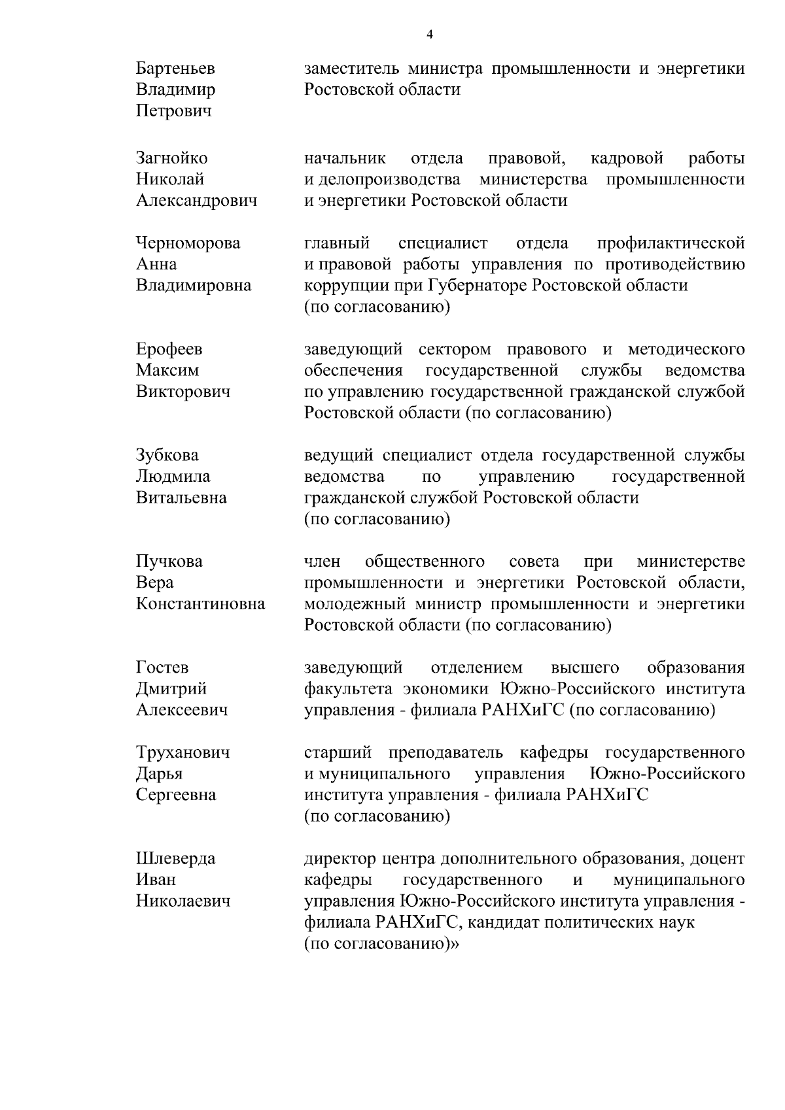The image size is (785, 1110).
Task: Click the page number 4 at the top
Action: (x=429, y=35)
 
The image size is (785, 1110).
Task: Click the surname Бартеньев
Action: (x=175, y=69)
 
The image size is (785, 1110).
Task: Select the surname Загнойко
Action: (x=171, y=158)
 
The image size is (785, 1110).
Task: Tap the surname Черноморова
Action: (x=188, y=243)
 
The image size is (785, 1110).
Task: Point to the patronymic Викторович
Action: (x=183, y=392)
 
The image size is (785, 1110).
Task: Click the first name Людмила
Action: (x=173, y=477)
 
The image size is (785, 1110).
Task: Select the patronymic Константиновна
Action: (x=200, y=604)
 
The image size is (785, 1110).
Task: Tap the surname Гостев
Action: (x=162, y=667)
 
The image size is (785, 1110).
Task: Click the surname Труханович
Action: (x=183, y=752)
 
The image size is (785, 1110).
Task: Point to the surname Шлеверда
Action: (x=175, y=859)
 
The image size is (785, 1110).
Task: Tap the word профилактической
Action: (x=671, y=243)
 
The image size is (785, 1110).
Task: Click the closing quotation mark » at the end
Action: (x=455, y=944)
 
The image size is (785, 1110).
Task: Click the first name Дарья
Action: (x=159, y=774)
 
